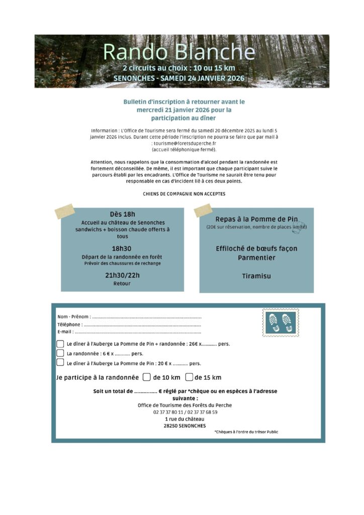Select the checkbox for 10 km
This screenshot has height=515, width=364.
click(x=147, y=377)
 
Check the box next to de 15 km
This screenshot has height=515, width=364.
click(x=190, y=377)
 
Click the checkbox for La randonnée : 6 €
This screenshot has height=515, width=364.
click(x=60, y=353)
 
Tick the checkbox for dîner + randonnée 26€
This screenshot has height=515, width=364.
click(x=60, y=344)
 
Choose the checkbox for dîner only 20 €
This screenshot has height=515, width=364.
click(x=60, y=362)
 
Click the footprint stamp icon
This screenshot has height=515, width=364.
click(x=281, y=323)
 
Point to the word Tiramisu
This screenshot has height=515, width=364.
click(x=256, y=276)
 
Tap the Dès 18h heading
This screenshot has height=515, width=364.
click(x=123, y=214)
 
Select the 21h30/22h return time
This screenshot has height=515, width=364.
click(x=122, y=275)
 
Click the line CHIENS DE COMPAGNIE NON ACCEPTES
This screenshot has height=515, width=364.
click(x=184, y=193)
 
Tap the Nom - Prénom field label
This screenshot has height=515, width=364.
click(x=74, y=317)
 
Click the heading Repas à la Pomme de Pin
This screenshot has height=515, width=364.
click(x=256, y=219)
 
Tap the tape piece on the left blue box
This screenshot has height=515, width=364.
click(x=65, y=211)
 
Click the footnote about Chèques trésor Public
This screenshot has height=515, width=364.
click(x=246, y=432)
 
